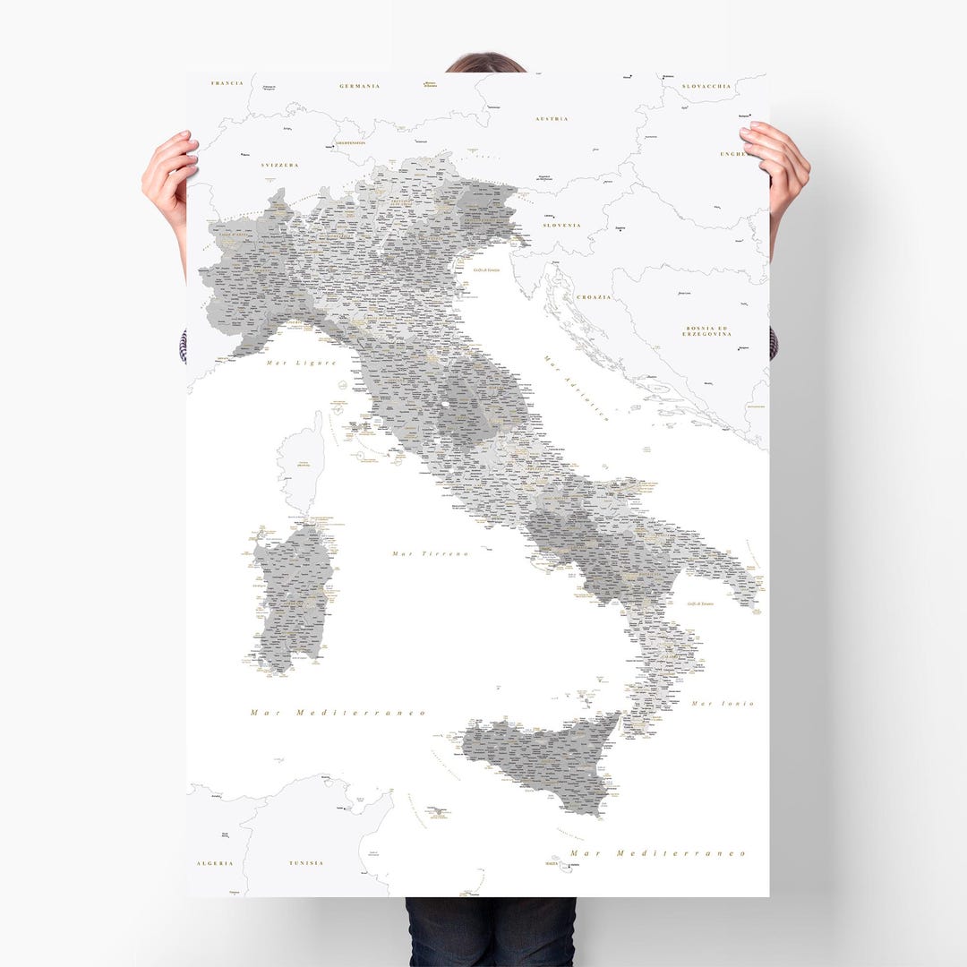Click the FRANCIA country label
(x=227, y=83)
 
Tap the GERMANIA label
(x=360, y=86)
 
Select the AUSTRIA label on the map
(x=552, y=118)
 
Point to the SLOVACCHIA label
(x=707, y=87)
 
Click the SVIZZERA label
(x=280, y=166)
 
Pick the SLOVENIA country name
(x=561, y=226)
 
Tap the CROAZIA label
(x=594, y=297)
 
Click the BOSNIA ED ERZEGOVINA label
(x=707, y=331)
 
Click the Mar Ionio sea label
(x=723, y=704)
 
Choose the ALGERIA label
(x=215, y=863)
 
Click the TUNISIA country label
(x=306, y=863)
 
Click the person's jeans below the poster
(x=490, y=931)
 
